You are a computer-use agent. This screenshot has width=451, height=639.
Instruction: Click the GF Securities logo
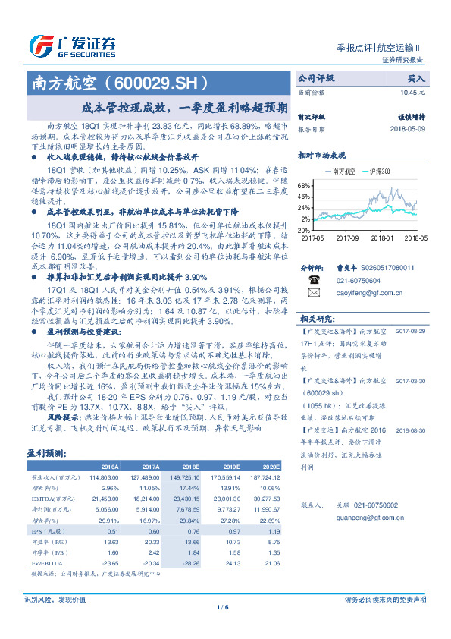point(72,46)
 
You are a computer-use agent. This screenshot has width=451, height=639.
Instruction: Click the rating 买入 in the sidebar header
point(416,78)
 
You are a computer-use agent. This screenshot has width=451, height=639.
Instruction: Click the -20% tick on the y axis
point(302,230)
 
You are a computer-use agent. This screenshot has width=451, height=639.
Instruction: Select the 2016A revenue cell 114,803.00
point(105,477)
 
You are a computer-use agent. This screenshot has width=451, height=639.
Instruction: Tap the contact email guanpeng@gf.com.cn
point(361,517)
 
